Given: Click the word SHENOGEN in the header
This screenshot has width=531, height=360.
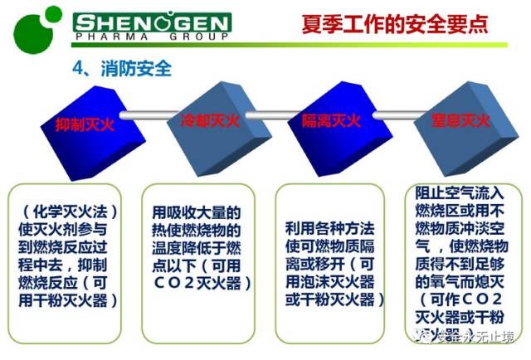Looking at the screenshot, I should [150, 22].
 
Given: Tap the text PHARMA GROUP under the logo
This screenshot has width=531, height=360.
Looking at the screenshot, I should [150, 38].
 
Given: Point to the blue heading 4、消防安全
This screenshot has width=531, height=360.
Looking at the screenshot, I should [124, 68].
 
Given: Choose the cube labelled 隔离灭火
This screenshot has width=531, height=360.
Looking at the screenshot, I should [330, 123].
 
